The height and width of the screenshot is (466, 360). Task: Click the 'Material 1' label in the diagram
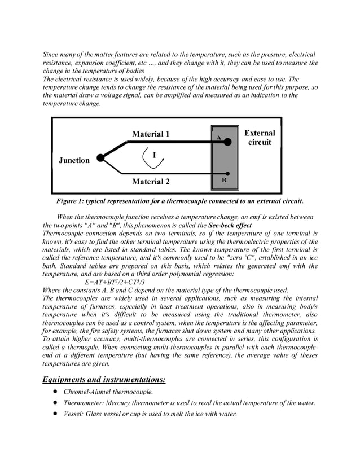click(x=151, y=134)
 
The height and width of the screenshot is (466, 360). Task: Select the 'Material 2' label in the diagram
click(x=151, y=182)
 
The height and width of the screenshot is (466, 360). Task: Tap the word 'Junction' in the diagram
click(x=74, y=160)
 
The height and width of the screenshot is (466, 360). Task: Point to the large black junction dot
click(x=100, y=158)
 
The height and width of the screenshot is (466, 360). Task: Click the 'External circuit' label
click(x=260, y=138)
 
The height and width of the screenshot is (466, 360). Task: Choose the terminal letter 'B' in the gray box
click(x=224, y=181)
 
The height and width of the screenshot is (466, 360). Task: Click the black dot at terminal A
click(x=227, y=143)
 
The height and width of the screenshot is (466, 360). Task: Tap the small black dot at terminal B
click(x=227, y=174)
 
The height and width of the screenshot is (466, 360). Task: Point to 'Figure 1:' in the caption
click(x=71, y=201)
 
